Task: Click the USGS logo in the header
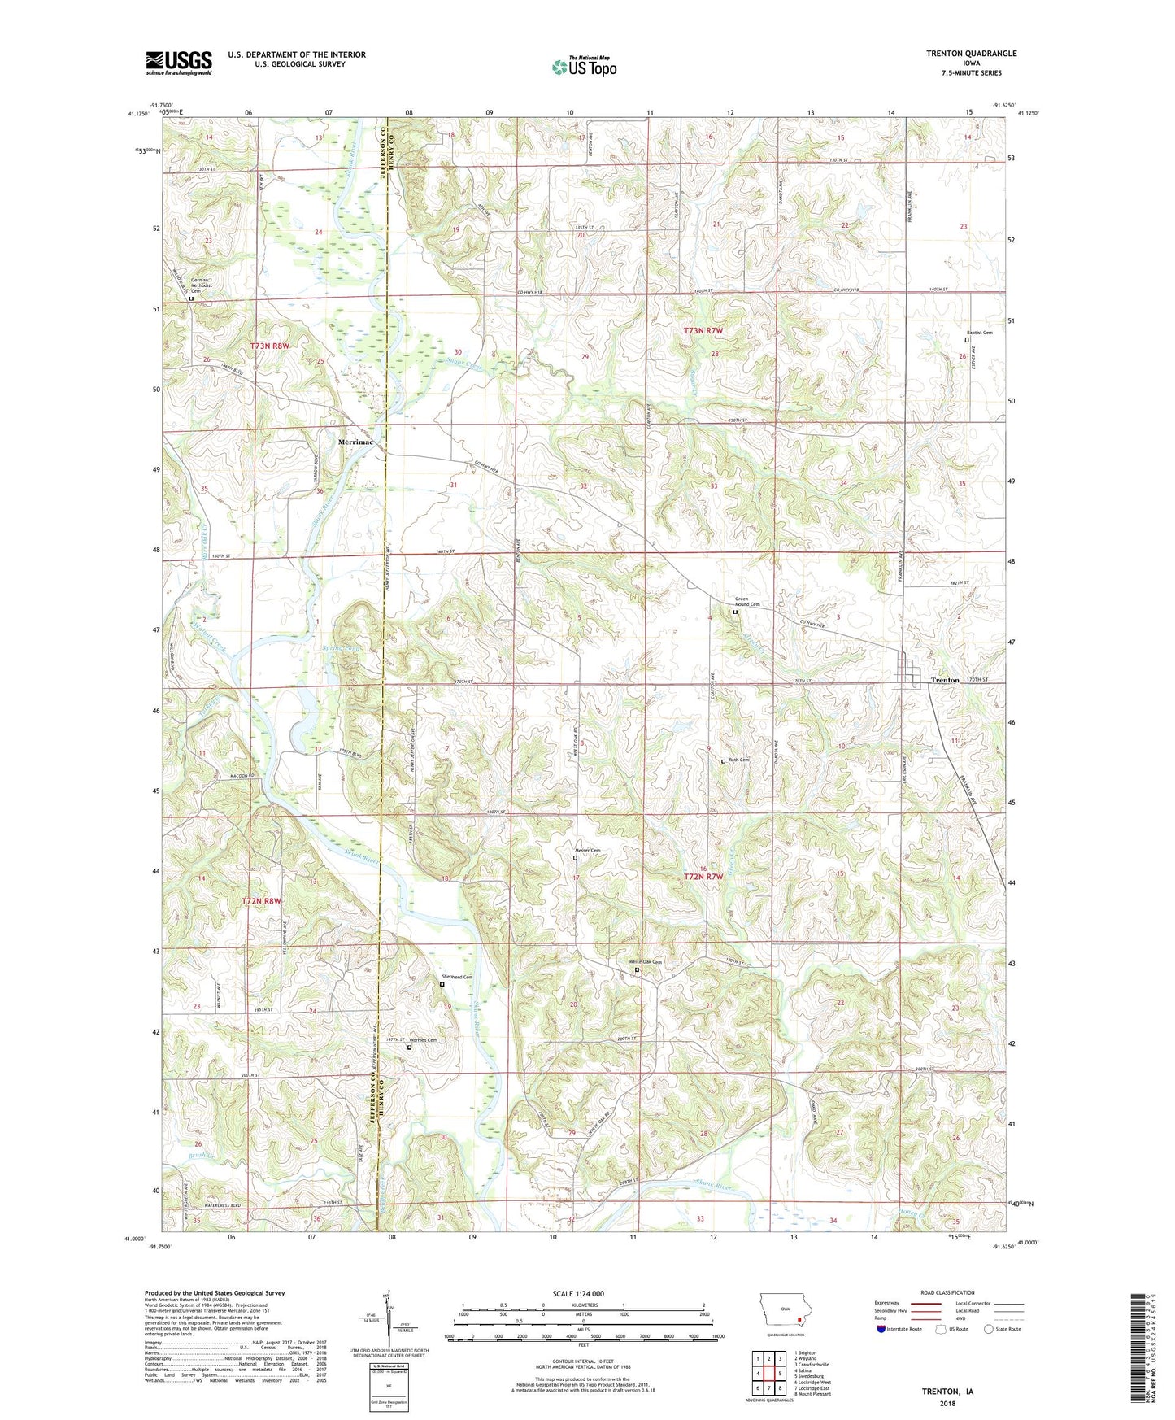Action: point(179,62)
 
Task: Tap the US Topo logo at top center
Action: point(584,66)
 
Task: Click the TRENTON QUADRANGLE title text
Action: point(971,54)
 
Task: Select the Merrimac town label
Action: point(355,442)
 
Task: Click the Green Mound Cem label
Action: point(746,602)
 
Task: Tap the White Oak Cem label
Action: point(646,962)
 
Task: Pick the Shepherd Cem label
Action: point(457,977)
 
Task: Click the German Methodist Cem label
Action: point(200,285)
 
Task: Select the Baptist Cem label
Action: point(979,333)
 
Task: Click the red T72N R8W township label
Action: point(261,901)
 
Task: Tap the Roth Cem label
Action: point(738,760)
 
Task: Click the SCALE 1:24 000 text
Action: point(578,1293)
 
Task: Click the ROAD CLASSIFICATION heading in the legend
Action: point(948,1292)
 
